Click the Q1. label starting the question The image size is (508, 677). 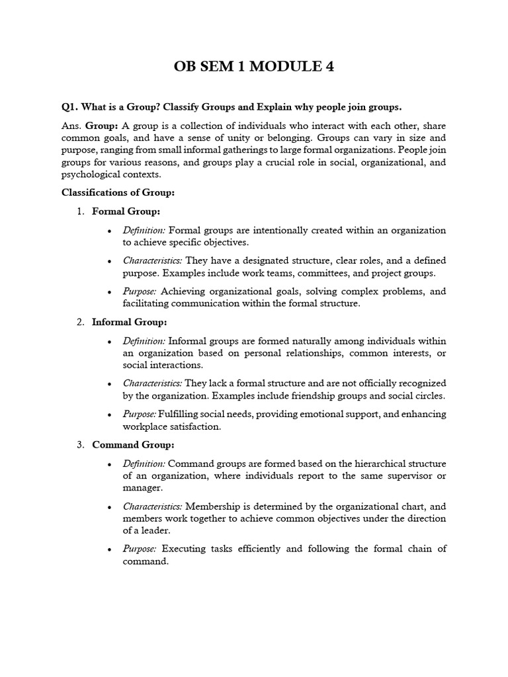coord(71,107)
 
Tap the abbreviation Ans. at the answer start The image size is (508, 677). coord(71,126)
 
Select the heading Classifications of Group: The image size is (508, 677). coord(118,192)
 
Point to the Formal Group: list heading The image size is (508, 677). coord(126,212)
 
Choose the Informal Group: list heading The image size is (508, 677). coord(130,322)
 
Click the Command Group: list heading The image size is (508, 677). coord(133,445)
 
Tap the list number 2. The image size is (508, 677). coord(79,322)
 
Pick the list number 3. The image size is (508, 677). coord(79,445)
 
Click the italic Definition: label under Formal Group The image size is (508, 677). coord(144,230)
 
